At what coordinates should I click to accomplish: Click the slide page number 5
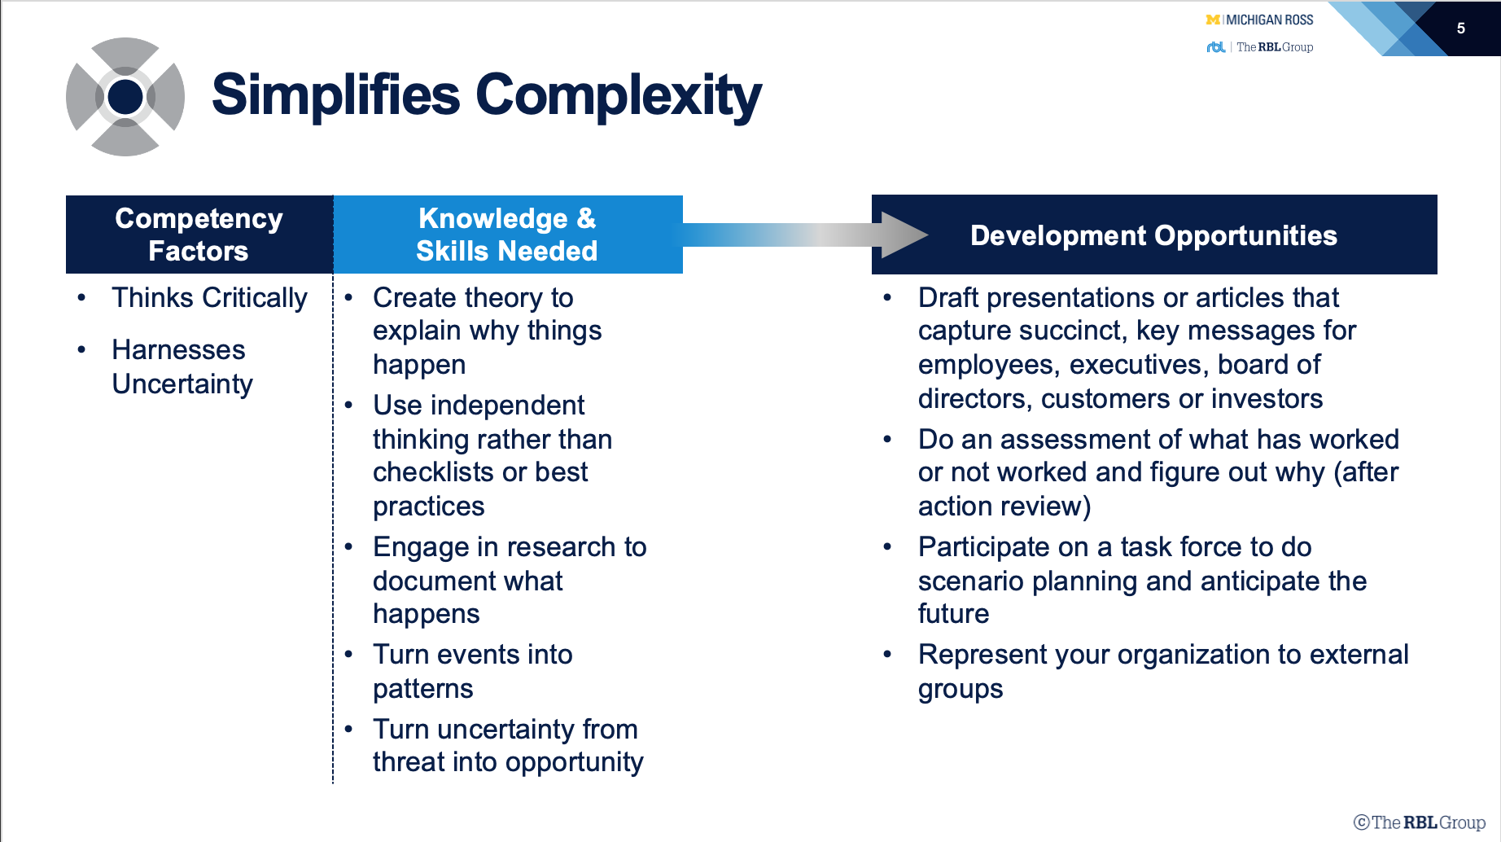point(1461,29)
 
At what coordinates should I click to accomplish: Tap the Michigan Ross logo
point(1259,20)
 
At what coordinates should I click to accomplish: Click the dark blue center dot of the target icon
point(125,97)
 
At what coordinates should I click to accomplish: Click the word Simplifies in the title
point(336,94)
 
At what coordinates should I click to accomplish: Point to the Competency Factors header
point(199,235)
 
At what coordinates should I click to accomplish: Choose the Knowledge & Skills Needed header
point(507,235)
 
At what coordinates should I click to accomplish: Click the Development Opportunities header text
point(1154,235)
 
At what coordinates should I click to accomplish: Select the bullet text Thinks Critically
point(210,298)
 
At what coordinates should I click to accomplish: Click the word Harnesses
point(178,350)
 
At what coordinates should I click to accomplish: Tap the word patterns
point(423,690)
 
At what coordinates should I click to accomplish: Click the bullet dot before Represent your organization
point(887,654)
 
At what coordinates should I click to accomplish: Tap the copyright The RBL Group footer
point(1420,822)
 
